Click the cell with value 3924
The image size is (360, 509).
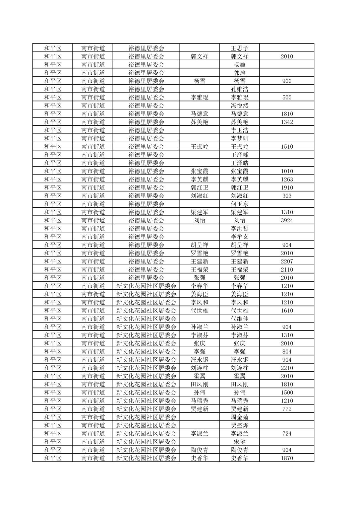(287, 220)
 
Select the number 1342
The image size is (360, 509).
(287, 122)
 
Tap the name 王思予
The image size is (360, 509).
(239, 48)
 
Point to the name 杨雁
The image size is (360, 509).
(239, 65)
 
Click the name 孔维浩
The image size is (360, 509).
(239, 89)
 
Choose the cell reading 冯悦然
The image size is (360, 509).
(239, 105)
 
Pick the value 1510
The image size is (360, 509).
(287, 146)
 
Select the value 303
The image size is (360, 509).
(287, 196)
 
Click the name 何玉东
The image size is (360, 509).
(239, 204)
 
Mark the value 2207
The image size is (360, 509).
(287, 261)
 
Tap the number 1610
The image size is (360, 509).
(287, 310)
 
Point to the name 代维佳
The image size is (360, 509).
(239, 319)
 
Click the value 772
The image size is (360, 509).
(287, 409)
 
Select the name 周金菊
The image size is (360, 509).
(239, 417)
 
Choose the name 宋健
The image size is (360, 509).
(239, 442)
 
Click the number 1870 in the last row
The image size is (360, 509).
(287, 458)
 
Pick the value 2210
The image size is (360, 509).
(287, 368)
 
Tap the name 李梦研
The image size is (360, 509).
(239, 138)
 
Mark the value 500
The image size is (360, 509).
(287, 97)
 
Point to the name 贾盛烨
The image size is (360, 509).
(239, 425)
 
